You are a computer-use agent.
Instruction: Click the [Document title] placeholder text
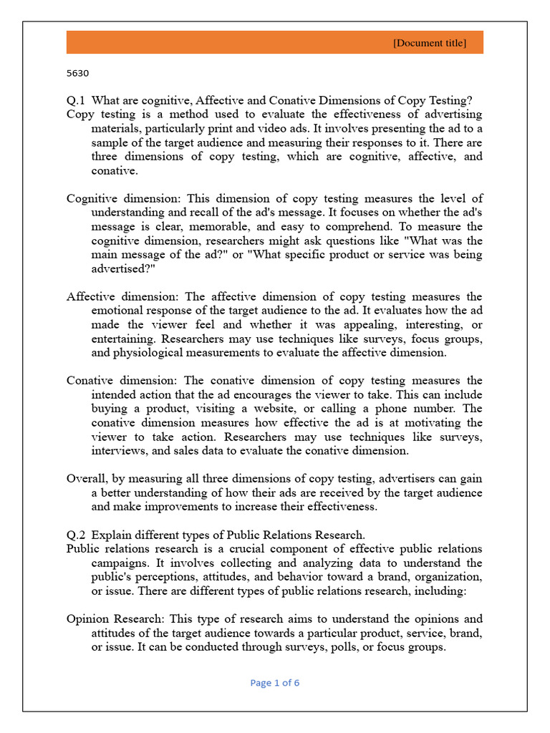(x=429, y=44)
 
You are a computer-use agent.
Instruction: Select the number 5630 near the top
(x=77, y=73)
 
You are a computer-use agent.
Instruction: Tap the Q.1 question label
(x=76, y=100)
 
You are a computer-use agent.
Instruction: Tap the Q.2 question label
(x=76, y=534)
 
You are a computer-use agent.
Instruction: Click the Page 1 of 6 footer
(x=275, y=683)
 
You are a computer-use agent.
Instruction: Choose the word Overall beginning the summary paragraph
(x=85, y=478)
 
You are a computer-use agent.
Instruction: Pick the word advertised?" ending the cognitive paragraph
(x=123, y=268)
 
